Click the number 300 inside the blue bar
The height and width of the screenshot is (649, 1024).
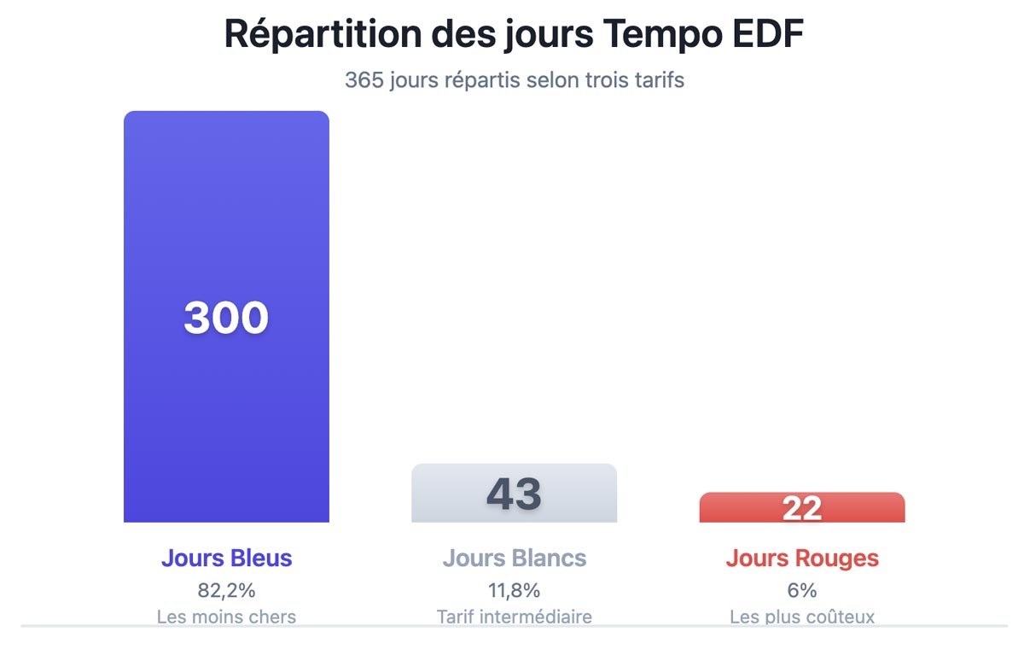pos(226,318)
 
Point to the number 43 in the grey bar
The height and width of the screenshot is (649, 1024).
pos(514,494)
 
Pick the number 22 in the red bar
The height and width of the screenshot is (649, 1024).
pos(802,509)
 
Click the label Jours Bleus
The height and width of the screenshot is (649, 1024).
pos(226,558)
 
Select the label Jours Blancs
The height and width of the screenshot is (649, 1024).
pos(514,558)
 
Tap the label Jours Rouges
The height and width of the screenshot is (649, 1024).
pos(802,558)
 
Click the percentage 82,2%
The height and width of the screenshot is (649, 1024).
pos(226,590)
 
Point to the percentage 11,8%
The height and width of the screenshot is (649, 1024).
pos(514,590)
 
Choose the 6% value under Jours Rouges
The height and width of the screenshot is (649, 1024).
pos(802,590)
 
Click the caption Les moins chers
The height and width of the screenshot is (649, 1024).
pos(226,617)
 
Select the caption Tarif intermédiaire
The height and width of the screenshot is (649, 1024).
pos(514,617)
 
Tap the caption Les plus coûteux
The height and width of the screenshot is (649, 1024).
pos(802,617)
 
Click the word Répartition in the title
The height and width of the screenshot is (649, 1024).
pos(322,34)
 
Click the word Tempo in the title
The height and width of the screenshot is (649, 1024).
pos(653,34)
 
